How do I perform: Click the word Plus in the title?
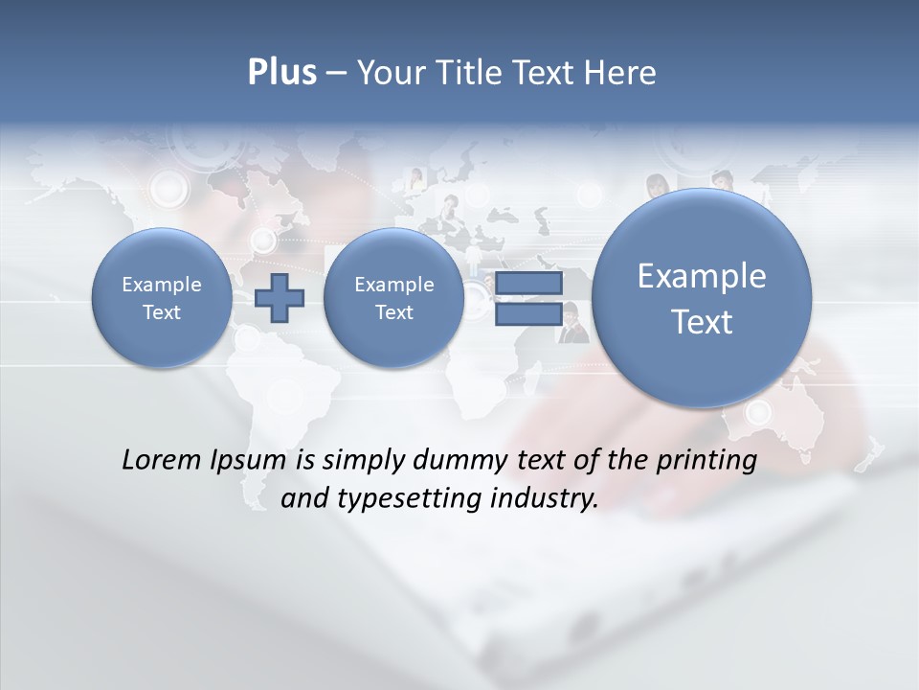[x=281, y=73]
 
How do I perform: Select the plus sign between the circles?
[x=280, y=298]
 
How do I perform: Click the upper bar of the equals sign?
[x=528, y=285]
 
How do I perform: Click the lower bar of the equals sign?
[x=528, y=313]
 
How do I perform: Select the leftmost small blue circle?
[x=161, y=298]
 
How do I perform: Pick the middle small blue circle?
[x=393, y=298]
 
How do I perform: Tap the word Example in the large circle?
[x=702, y=276]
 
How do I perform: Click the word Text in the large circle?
[x=702, y=322]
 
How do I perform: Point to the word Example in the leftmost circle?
[x=161, y=285]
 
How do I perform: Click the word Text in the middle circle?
[x=393, y=312]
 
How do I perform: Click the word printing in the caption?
[x=706, y=460]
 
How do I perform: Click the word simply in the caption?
[x=364, y=460]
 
